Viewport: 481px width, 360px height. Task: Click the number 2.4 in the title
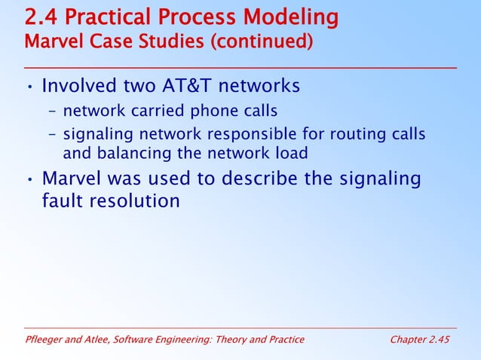(x=42, y=17)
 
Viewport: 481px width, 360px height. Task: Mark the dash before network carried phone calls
(x=53, y=112)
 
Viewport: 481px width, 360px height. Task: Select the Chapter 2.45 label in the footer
(x=419, y=340)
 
